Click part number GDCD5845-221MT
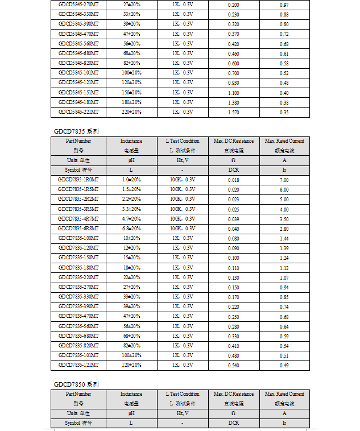(x=78, y=112)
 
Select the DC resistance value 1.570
(x=233, y=112)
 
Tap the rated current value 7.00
(x=284, y=180)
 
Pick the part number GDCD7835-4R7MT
(x=78, y=219)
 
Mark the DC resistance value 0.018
(x=233, y=180)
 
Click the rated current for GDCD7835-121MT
(x=284, y=365)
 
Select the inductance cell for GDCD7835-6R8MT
(x=131, y=229)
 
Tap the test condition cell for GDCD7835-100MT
(x=183, y=238)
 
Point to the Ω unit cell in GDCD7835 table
(x=233, y=160)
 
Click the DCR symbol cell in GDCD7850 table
(x=233, y=423)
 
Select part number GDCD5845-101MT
(x=78, y=73)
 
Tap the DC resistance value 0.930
(x=233, y=82)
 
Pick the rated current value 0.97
(x=284, y=5)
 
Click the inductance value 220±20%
(x=131, y=112)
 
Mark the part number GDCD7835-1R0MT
(x=78, y=180)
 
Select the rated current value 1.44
(x=284, y=238)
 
